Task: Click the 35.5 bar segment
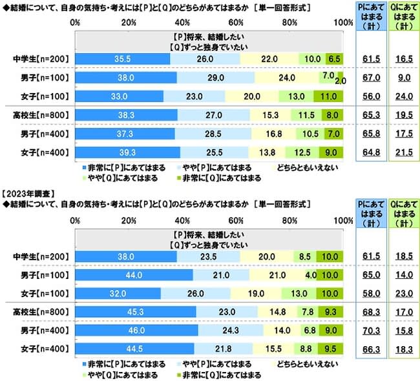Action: [x=122, y=59]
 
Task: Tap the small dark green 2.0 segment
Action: [x=341, y=77]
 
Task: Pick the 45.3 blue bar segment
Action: [x=136, y=311]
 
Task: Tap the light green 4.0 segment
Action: [x=311, y=274]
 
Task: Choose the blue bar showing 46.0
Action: [x=137, y=330]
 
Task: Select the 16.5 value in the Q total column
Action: [x=401, y=59]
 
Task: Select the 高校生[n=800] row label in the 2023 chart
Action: [x=39, y=311]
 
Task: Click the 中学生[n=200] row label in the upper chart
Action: [x=39, y=59]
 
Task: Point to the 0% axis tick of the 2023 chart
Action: [x=75, y=220]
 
